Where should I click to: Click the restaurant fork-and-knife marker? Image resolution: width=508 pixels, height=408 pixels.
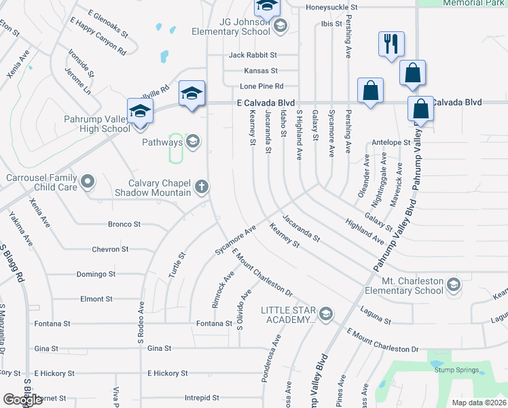(391, 44)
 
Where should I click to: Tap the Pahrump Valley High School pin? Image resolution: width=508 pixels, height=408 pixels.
(140, 111)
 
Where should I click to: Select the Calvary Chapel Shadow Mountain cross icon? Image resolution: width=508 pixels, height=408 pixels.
(201, 186)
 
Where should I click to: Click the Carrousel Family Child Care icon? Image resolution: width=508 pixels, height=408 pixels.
(87, 182)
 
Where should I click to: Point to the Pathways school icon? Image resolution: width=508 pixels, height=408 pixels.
(192, 141)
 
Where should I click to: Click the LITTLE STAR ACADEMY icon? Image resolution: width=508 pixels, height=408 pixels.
(327, 313)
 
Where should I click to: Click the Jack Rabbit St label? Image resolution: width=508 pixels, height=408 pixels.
(253, 54)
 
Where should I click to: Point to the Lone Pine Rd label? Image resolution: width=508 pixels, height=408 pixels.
(261, 86)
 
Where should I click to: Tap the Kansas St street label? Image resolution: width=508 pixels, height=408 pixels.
(261, 71)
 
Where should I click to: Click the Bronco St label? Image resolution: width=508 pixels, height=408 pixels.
(124, 224)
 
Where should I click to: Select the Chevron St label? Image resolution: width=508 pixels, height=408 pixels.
(110, 250)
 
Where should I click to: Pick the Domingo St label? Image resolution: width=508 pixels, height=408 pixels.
(96, 274)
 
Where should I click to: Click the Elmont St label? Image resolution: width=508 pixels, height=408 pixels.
(96, 299)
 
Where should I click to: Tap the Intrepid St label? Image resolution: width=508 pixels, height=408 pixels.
(202, 398)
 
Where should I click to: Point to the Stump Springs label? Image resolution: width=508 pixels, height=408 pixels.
(456, 371)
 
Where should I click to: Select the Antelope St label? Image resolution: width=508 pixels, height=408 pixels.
(391, 143)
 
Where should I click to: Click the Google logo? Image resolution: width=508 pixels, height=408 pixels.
(22, 400)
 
